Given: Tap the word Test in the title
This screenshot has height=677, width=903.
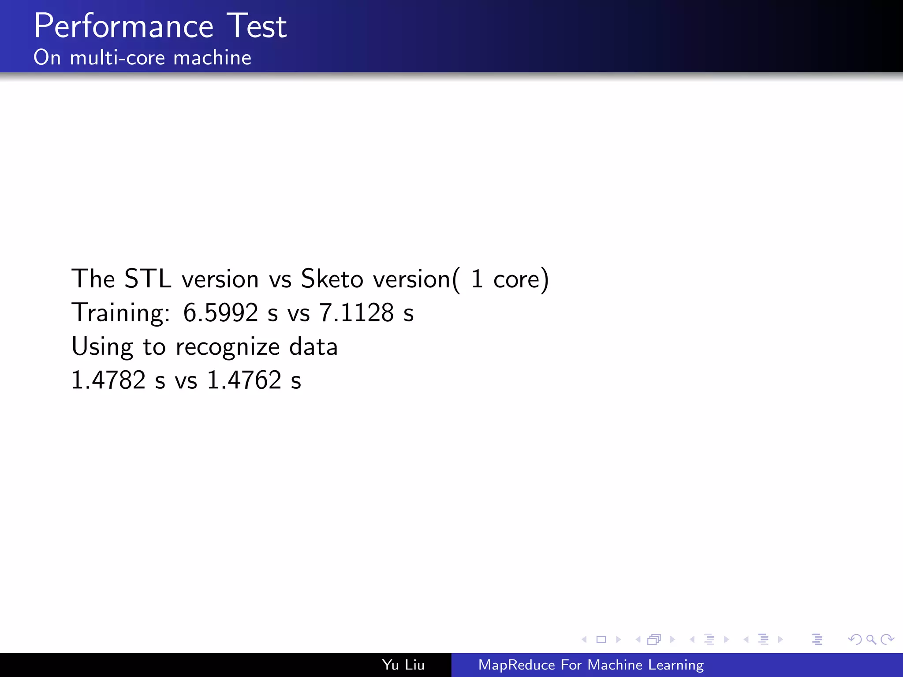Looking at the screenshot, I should (257, 26).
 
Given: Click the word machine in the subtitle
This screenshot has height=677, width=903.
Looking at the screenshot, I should (212, 58).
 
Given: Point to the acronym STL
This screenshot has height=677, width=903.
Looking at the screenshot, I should (148, 279).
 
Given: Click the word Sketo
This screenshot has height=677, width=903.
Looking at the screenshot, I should (332, 279).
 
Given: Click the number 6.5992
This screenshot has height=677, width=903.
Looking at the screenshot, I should (220, 313).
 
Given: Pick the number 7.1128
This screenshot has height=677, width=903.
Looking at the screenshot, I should (356, 313).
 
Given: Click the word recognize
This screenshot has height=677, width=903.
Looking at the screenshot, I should (228, 347).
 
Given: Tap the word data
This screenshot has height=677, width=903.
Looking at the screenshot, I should (313, 347).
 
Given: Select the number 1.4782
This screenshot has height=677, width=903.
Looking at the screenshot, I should (108, 380).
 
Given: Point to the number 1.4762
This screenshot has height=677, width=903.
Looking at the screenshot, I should (244, 380).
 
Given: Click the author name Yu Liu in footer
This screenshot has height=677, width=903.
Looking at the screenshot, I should (403, 665).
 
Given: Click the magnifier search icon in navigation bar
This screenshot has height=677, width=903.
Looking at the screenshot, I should (871, 639).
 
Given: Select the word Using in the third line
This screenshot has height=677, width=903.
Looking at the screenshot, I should (102, 347).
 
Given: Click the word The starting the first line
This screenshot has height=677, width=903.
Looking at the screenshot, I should (93, 279).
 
